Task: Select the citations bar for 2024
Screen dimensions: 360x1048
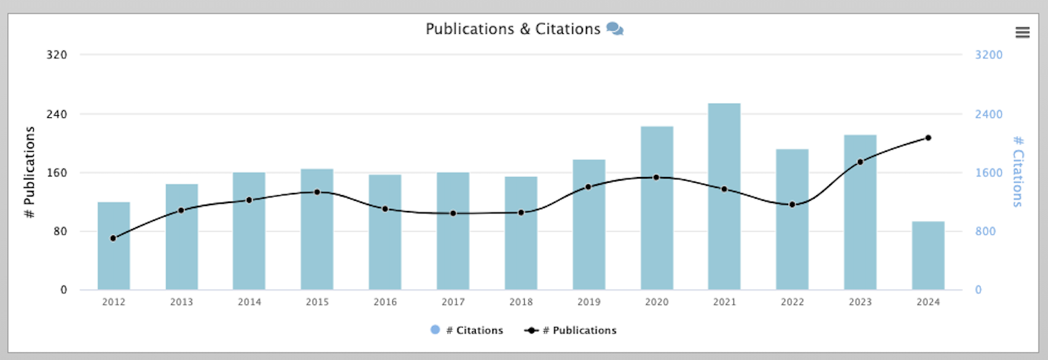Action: tap(928, 256)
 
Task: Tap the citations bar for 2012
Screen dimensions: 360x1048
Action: tap(114, 246)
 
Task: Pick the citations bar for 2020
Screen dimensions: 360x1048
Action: tap(656, 208)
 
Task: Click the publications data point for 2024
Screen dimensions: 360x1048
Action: tap(928, 138)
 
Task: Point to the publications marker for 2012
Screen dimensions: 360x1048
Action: tap(113, 238)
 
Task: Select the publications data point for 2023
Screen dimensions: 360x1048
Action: tap(860, 162)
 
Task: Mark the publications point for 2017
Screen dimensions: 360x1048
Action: tap(453, 214)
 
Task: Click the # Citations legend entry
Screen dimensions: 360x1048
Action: tap(466, 330)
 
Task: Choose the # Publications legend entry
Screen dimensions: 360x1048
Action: tap(571, 330)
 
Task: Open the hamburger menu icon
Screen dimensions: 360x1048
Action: tap(1022, 32)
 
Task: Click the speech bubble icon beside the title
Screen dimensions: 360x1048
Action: tap(615, 29)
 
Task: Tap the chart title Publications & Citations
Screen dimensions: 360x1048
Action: tap(512, 29)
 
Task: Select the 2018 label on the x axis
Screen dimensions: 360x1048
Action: tap(520, 302)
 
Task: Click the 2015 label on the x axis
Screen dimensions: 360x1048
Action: tap(317, 302)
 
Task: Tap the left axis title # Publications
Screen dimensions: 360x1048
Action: tap(30, 172)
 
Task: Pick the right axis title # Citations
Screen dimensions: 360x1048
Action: tap(1017, 172)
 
